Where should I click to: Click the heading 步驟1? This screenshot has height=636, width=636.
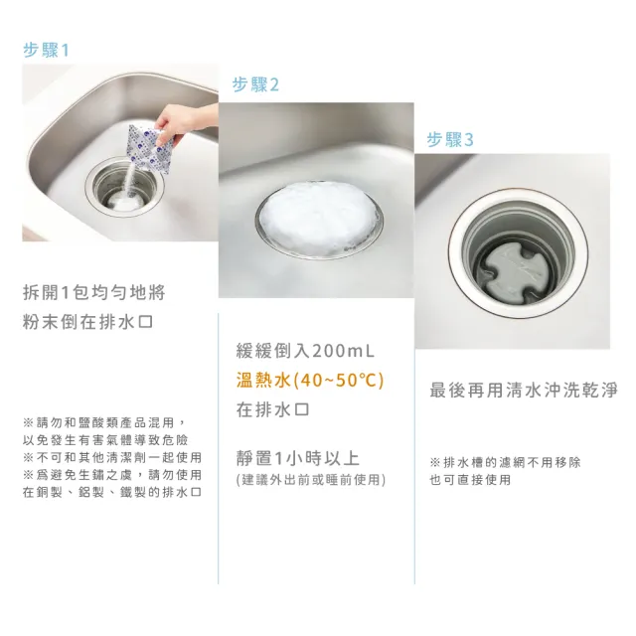(x=48, y=51)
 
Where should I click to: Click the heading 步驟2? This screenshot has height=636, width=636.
(x=256, y=85)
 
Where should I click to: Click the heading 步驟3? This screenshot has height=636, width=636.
(x=451, y=140)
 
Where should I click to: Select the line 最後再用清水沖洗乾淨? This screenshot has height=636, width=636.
(x=524, y=390)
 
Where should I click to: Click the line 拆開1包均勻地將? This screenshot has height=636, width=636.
(x=93, y=292)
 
